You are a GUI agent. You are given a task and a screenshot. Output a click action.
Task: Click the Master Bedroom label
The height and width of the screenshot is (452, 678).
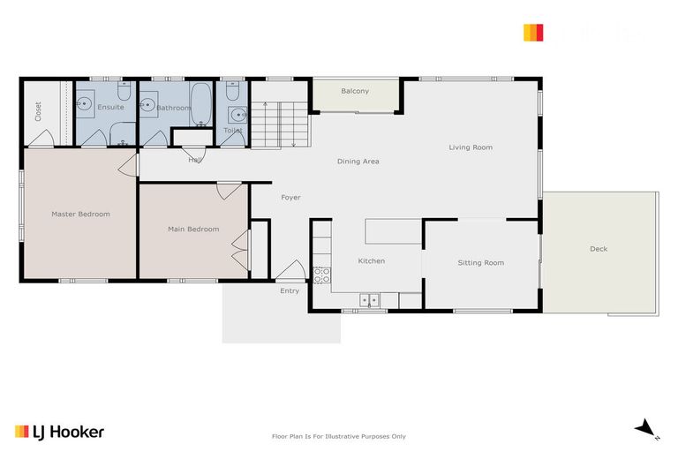(x=80, y=214)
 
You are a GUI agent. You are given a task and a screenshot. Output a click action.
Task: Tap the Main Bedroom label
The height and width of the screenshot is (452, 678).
(x=193, y=230)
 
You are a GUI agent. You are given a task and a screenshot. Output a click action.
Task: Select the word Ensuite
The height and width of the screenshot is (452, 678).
(x=110, y=107)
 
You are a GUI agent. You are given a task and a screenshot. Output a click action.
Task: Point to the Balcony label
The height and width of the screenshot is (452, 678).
(x=355, y=91)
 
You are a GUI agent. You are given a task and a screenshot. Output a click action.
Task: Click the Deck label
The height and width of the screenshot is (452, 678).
(x=599, y=249)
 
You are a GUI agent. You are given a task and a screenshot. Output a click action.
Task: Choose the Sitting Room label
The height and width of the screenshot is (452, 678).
(x=480, y=262)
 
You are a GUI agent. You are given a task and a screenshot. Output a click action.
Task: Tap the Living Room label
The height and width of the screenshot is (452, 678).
(x=471, y=147)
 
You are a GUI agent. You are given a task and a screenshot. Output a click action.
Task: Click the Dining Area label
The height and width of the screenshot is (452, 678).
(x=358, y=162)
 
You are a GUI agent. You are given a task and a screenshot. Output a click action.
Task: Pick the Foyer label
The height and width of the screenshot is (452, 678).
(x=290, y=197)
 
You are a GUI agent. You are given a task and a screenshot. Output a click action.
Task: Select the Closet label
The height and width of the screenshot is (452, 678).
(x=38, y=111)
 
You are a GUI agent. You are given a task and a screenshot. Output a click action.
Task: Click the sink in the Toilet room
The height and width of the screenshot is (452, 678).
(x=237, y=115)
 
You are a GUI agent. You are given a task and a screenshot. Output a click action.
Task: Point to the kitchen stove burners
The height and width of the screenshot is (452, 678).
(x=321, y=275)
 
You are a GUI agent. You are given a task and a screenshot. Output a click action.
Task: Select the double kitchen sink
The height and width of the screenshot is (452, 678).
(x=369, y=301)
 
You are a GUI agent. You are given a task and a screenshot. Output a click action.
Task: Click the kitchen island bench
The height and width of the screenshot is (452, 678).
(x=394, y=231)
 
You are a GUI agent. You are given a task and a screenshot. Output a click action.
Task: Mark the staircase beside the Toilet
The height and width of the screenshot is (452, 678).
(x=280, y=124)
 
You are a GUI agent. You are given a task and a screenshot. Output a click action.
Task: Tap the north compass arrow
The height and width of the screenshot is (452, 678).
(x=646, y=428)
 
